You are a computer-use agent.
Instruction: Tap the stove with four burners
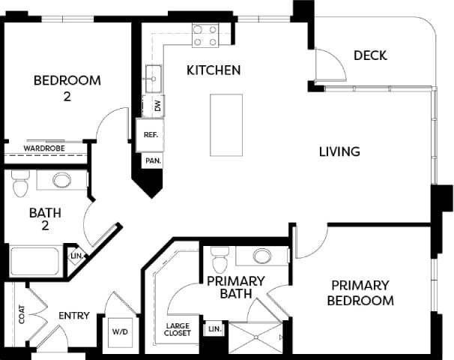pos(205,36)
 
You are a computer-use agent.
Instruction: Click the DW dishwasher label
pos(157,106)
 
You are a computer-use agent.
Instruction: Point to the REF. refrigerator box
pos(149,135)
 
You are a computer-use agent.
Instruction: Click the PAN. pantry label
pos(153,160)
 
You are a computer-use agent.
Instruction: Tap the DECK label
pos(369,55)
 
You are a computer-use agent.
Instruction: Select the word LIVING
pos(339,151)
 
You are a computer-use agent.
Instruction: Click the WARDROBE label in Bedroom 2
pos(43,148)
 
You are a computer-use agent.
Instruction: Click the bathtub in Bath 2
pos(36,262)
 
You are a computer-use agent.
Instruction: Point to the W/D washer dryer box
pos(121,331)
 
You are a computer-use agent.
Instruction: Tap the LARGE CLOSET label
pos(178,328)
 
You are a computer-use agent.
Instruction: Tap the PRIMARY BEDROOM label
pos(362,293)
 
